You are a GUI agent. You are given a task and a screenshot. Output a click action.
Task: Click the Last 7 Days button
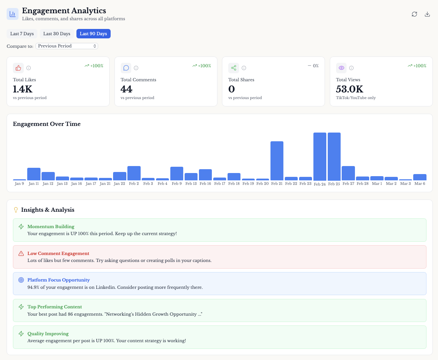pos(22,34)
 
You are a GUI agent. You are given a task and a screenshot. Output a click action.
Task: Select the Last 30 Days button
pos(57,34)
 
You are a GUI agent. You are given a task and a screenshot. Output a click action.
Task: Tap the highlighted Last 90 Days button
pos(93,34)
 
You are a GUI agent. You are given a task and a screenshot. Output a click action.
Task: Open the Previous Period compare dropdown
pos(67,46)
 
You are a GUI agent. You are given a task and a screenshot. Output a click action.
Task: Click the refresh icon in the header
pos(414,14)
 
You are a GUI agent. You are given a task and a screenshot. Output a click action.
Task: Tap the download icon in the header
pos(427,14)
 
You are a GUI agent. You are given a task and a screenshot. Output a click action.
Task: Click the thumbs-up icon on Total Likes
pos(18,68)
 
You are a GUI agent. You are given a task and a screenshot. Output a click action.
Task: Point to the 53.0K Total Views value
pos(349,89)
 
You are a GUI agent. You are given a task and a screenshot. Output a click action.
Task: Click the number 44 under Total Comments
pos(126,89)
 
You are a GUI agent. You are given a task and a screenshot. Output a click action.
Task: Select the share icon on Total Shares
pos(233,68)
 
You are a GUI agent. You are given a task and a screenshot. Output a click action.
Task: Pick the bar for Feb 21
pos(277,161)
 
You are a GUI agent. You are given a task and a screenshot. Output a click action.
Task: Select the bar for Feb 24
pos(320,157)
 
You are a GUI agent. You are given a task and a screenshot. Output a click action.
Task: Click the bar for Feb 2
pos(134,173)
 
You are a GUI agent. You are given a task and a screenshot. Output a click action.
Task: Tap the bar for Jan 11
pos(34,174)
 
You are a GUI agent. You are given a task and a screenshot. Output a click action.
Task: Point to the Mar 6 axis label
pos(420,183)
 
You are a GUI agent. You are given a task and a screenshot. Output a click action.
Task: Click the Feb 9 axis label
pos(177,183)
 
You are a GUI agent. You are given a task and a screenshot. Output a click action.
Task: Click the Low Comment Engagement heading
pos(58,254)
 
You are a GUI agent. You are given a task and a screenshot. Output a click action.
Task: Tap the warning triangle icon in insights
pos(21,254)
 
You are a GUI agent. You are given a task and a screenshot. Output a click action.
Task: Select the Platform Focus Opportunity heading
pos(59,280)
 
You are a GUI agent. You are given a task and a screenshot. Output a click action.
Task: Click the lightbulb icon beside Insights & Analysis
pos(16,210)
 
